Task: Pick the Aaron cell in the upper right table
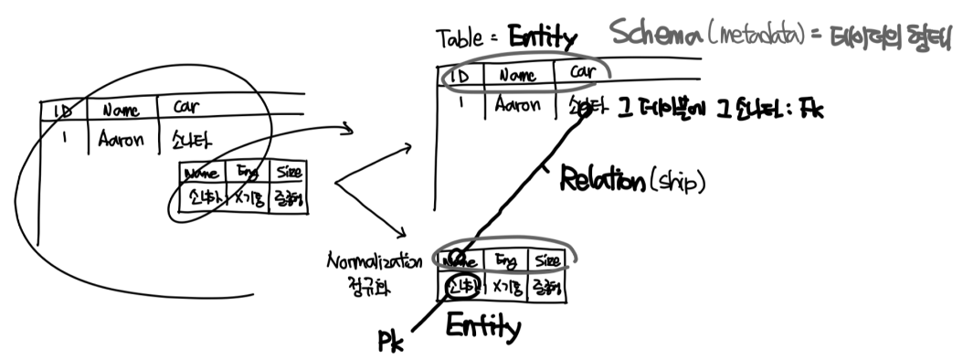tap(518, 105)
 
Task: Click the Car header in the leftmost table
tap(186, 109)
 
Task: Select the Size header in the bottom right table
tap(549, 260)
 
